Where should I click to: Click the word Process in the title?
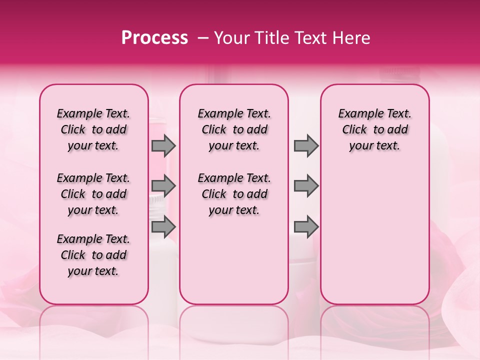click(x=154, y=38)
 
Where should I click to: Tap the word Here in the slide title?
click(x=349, y=38)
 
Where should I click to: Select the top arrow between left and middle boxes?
click(x=163, y=145)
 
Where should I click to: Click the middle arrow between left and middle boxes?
click(x=163, y=186)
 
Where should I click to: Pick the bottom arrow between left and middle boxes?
click(x=163, y=226)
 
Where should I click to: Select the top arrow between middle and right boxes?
click(x=306, y=145)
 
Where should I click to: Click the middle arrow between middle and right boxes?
click(x=306, y=186)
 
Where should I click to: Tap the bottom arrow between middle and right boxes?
click(x=306, y=226)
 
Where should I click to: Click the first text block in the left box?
click(x=93, y=129)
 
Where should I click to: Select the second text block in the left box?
click(x=93, y=194)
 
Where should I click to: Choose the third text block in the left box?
click(x=93, y=255)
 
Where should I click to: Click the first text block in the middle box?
click(x=234, y=129)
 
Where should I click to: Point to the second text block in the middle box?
click(x=234, y=194)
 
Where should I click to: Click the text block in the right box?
click(x=374, y=129)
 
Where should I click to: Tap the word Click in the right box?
click(x=354, y=129)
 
